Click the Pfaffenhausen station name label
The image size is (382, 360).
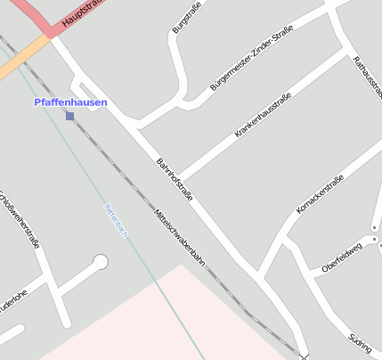pos(70,102)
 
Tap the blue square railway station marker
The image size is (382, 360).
pos(70,116)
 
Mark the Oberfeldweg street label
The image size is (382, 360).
pos(343,256)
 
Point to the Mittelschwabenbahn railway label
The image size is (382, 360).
pos(180,238)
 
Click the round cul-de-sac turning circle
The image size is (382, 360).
pos(101,262)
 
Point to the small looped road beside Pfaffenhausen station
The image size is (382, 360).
pos(85,89)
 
